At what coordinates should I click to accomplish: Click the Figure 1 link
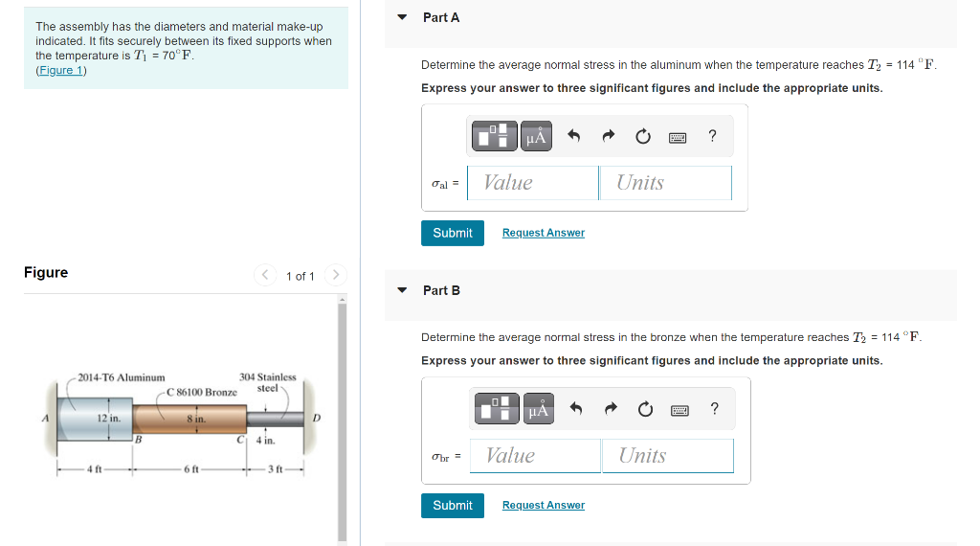pyautogui.click(x=61, y=70)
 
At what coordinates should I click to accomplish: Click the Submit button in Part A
pyautogui.click(x=453, y=233)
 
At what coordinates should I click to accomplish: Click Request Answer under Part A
pyautogui.click(x=543, y=233)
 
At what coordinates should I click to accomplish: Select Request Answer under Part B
pyautogui.click(x=543, y=505)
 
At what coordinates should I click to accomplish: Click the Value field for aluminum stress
pyautogui.click(x=533, y=183)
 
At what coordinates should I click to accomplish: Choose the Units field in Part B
pyautogui.click(x=668, y=456)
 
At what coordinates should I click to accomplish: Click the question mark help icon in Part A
pyautogui.click(x=712, y=136)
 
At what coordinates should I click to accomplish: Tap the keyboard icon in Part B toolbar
pyautogui.click(x=679, y=410)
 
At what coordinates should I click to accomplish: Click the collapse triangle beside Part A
pyautogui.click(x=403, y=17)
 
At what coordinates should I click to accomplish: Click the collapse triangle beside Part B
pyautogui.click(x=403, y=290)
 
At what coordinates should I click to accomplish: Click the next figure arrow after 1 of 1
pyautogui.click(x=334, y=276)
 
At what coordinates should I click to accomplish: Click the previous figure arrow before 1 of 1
pyautogui.click(x=266, y=276)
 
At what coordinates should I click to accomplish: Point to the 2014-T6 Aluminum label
pyautogui.click(x=122, y=377)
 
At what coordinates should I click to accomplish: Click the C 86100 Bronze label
pyautogui.click(x=202, y=392)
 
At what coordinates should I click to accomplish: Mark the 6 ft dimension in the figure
pyautogui.click(x=191, y=469)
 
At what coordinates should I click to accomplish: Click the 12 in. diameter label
pyautogui.click(x=108, y=419)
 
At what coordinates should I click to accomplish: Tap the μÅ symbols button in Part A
pyautogui.click(x=537, y=137)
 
